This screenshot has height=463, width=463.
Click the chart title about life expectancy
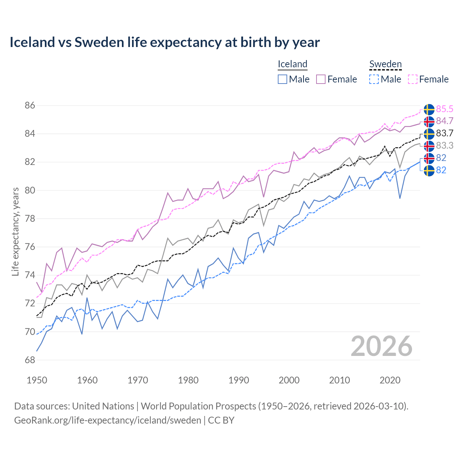pyautogui.click(x=165, y=42)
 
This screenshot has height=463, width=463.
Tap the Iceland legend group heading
pyautogui.click(x=292, y=64)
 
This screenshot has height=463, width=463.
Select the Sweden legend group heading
pyautogui.click(x=385, y=64)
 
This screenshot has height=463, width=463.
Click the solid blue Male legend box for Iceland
pyautogui.click(x=283, y=79)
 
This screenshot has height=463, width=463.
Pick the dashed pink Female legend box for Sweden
pyautogui.click(x=413, y=79)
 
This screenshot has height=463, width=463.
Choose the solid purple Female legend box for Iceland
pyautogui.click(x=321, y=79)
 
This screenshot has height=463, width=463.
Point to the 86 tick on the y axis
pyautogui.click(x=30, y=106)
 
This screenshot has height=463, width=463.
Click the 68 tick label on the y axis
pyautogui.click(x=30, y=360)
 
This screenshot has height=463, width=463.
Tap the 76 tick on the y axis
pyautogui.click(x=30, y=247)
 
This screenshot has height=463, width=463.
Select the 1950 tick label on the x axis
pyautogui.click(x=37, y=380)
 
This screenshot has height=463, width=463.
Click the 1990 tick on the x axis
pyautogui.click(x=239, y=380)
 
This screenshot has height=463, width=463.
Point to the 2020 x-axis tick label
pyautogui.click(x=390, y=380)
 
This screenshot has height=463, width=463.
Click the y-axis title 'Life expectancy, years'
pyautogui.click(x=15, y=231)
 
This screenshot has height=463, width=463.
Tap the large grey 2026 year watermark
pyautogui.click(x=381, y=346)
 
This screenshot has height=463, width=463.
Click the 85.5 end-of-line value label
pyautogui.click(x=445, y=109)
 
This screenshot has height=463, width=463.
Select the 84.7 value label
pyautogui.click(x=445, y=121)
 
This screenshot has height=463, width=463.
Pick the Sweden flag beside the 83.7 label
pyautogui.click(x=429, y=133)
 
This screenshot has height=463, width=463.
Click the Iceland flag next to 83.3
pyautogui.click(x=429, y=146)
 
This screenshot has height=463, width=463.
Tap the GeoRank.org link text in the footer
pyautogui.click(x=107, y=420)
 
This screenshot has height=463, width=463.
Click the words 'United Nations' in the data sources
pyautogui.click(x=103, y=406)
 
